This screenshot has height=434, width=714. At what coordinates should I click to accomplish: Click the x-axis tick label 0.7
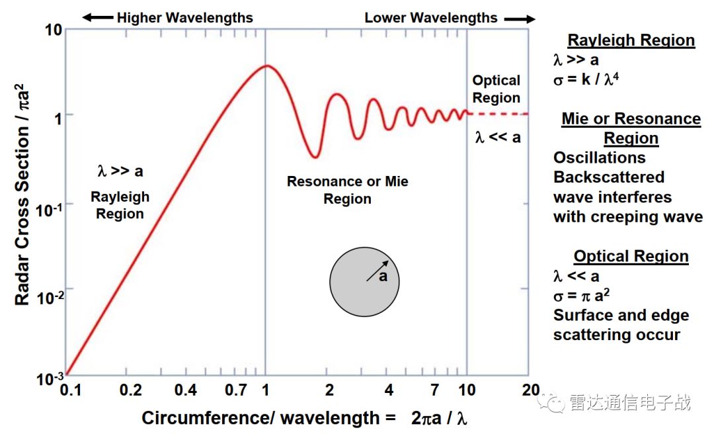[x=236, y=390]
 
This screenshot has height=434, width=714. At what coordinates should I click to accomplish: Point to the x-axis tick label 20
[x=530, y=390]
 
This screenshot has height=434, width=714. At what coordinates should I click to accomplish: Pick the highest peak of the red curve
[x=266, y=65]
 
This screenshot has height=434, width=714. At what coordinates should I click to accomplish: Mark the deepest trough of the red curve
[x=316, y=157]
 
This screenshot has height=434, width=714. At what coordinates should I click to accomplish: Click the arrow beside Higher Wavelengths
[x=97, y=18]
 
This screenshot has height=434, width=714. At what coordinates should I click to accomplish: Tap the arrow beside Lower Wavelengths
[x=519, y=19]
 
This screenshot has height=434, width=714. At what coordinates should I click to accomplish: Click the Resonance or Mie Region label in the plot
[x=347, y=190]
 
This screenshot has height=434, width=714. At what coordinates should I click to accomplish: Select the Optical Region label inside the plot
[x=496, y=89]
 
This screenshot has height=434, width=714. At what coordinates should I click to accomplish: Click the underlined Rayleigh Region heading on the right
[x=631, y=40]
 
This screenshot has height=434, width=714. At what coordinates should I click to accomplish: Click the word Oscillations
[x=600, y=157]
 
